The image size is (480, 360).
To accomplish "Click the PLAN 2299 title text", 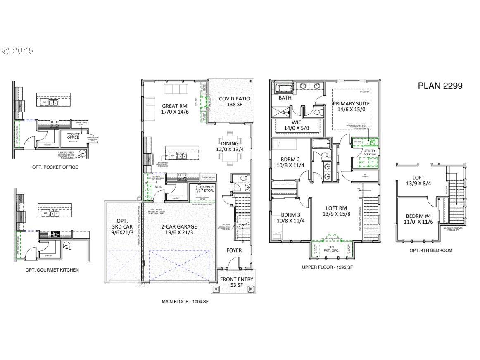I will pyautogui.click(x=440, y=86).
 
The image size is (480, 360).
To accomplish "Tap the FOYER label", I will pyautogui.click(x=234, y=250).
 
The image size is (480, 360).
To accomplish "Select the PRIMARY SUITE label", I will pyautogui.click(x=351, y=107).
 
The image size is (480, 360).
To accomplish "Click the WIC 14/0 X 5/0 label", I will pyautogui.click(x=297, y=125).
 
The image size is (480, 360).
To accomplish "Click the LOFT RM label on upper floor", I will pyautogui.click(x=336, y=211).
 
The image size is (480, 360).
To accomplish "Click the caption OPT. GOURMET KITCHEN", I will pyautogui.click(x=55, y=270).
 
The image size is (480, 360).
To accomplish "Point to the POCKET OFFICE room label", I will pyautogui.click(x=73, y=136).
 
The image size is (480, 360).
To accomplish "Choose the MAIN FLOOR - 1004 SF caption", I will pyautogui.click(x=185, y=302).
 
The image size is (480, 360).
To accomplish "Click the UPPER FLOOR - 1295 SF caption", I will pyautogui.click(x=327, y=267).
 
